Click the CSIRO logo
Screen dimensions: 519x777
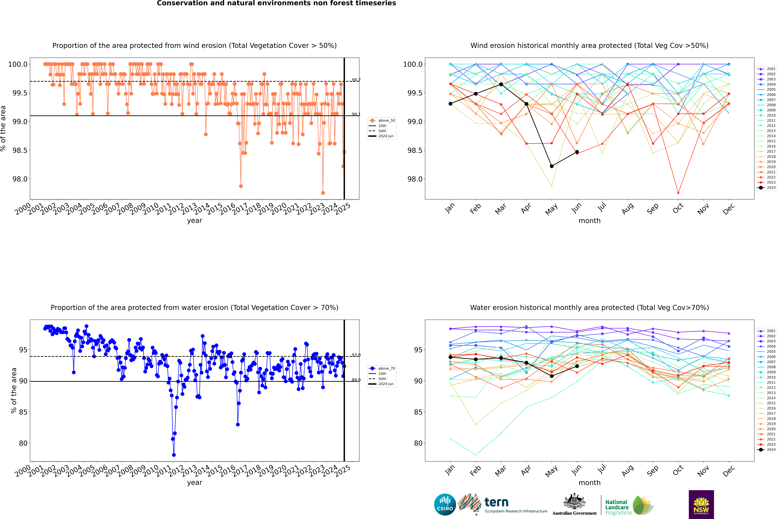point(445,504)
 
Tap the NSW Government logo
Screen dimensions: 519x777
point(701,504)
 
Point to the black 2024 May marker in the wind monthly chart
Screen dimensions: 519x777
point(551,166)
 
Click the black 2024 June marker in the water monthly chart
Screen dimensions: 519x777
point(577,366)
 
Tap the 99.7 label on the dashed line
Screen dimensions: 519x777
point(356,80)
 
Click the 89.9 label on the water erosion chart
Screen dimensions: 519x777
point(356,380)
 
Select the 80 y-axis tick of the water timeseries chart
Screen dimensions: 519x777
point(23,443)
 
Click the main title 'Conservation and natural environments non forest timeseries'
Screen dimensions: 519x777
point(276,3)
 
